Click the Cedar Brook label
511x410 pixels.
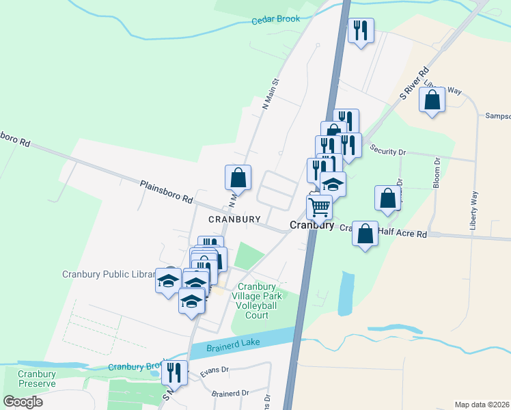275,20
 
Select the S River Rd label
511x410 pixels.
414,83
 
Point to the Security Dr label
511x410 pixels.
387,150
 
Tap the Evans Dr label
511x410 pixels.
212,374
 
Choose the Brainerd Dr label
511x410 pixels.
230,394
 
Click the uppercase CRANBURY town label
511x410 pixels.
234,219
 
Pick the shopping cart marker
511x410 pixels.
319,206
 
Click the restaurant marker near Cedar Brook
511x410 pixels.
360,30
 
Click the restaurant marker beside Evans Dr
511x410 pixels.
174,372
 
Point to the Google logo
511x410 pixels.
23,401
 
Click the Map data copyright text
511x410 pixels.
482,405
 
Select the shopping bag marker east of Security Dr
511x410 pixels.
387,197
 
